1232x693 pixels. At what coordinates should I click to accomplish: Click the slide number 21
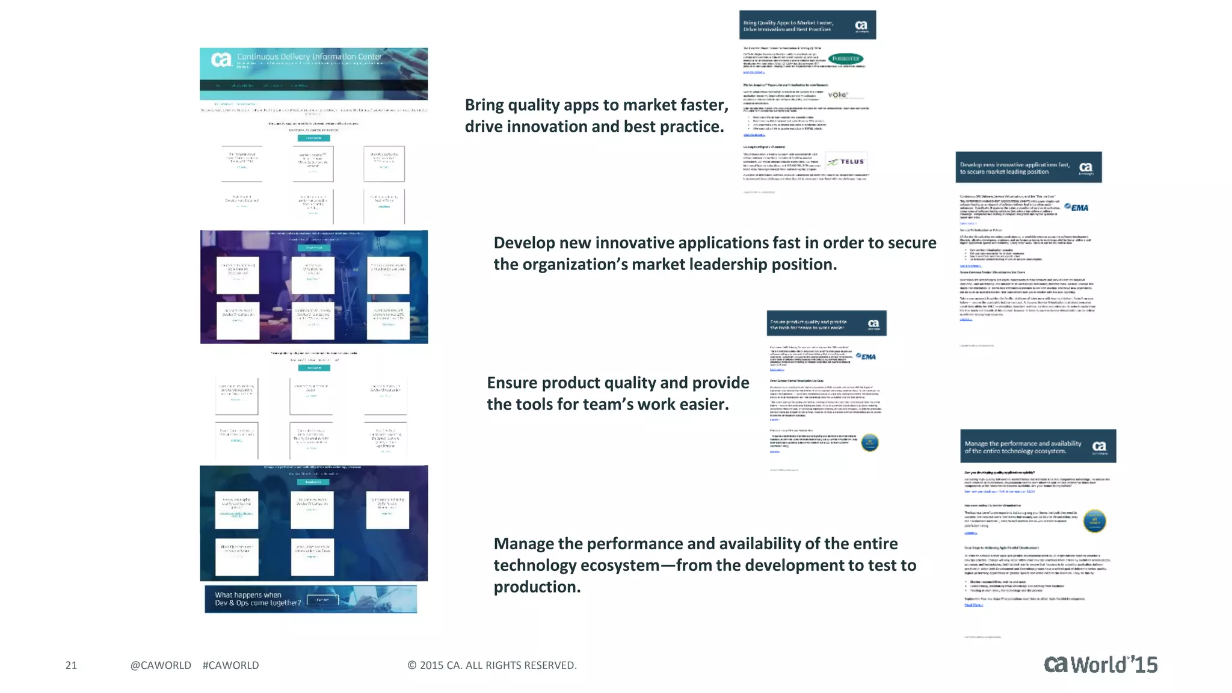point(71,665)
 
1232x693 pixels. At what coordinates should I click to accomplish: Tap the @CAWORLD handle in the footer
point(161,665)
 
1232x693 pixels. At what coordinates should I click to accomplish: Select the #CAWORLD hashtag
point(230,665)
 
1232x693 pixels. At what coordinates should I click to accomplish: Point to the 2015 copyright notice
point(491,665)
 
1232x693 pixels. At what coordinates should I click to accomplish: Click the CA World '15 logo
point(1100,664)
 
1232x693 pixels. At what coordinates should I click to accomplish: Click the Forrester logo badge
point(845,59)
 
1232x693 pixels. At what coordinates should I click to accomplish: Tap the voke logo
point(837,95)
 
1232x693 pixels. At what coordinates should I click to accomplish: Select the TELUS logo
point(846,161)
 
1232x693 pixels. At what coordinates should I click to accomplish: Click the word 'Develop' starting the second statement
point(523,243)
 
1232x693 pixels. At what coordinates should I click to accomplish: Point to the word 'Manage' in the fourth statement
point(523,544)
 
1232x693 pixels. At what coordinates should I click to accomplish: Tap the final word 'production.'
point(537,587)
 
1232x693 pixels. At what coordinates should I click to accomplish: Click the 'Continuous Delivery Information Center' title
point(309,57)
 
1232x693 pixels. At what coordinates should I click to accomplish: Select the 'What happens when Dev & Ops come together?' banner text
point(257,599)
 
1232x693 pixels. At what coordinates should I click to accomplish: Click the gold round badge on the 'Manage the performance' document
point(1094,521)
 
